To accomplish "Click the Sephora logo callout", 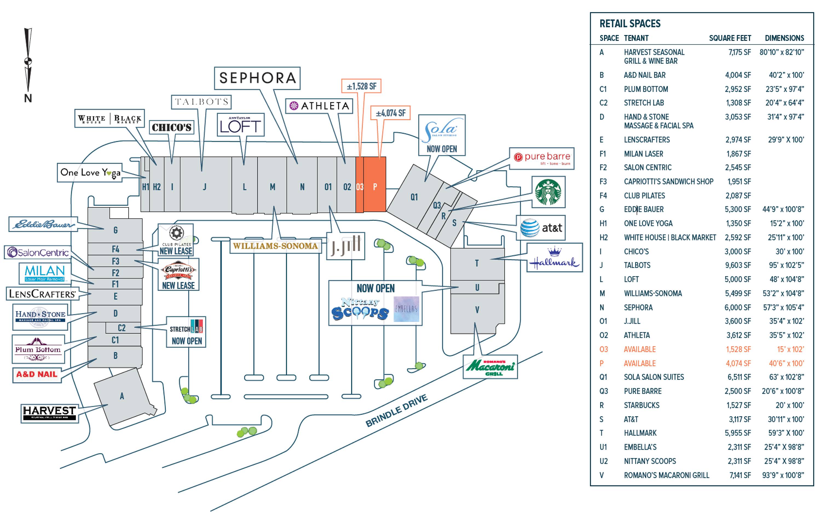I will click(x=257, y=78).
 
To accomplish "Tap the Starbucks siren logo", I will click(x=548, y=192).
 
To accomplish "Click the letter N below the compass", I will click(x=28, y=98).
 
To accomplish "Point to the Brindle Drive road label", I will click(x=397, y=410).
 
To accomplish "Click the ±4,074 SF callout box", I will click(x=391, y=113).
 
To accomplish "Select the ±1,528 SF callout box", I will click(x=361, y=86).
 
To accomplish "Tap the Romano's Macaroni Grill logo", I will click(x=490, y=367).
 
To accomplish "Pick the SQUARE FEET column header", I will click(x=730, y=38).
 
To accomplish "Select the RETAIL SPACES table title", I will click(x=630, y=24).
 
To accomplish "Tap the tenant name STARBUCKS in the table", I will click(x=641, y=405).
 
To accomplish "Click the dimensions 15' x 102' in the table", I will click(x=790, y=349).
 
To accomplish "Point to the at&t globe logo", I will click(x=530, y=228).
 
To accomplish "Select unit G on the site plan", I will click(x=115, y=230).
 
